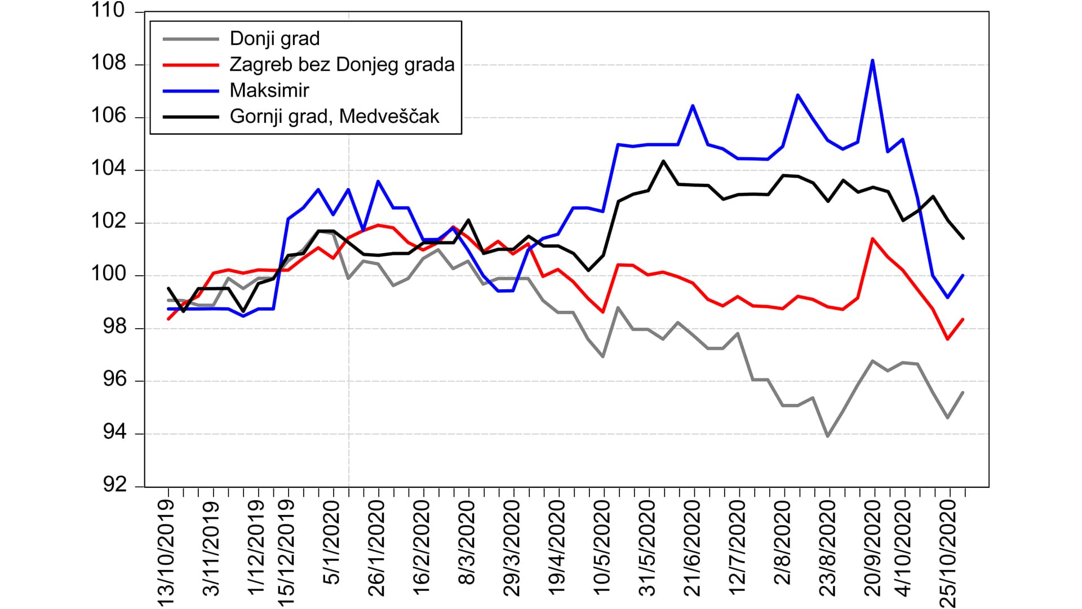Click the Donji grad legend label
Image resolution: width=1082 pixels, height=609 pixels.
point(274,38)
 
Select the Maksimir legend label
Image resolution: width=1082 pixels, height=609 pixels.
point(269,90)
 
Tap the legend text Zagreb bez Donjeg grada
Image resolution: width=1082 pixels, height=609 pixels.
point(342,64)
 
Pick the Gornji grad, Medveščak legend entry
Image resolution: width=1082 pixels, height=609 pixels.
point(334,116)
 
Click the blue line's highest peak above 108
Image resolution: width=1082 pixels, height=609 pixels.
point(872,60)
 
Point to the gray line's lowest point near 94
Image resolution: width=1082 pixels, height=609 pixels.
point(827,436)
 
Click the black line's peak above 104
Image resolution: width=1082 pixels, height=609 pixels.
point(663,161)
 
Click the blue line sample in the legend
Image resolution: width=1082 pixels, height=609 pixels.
point(190,90)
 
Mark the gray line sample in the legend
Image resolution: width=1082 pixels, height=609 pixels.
point(190,38)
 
